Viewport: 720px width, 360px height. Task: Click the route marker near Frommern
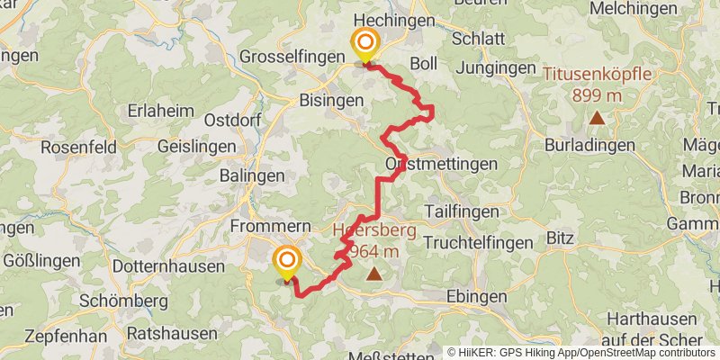(287, 263)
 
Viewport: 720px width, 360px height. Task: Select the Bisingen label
(329, 100)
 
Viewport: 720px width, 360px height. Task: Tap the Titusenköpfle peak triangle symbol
(596, 118)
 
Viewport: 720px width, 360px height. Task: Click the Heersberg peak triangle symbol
(373, 275)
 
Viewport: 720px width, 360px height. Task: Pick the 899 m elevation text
(596, 93)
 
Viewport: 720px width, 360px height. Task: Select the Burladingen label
(589, 144)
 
